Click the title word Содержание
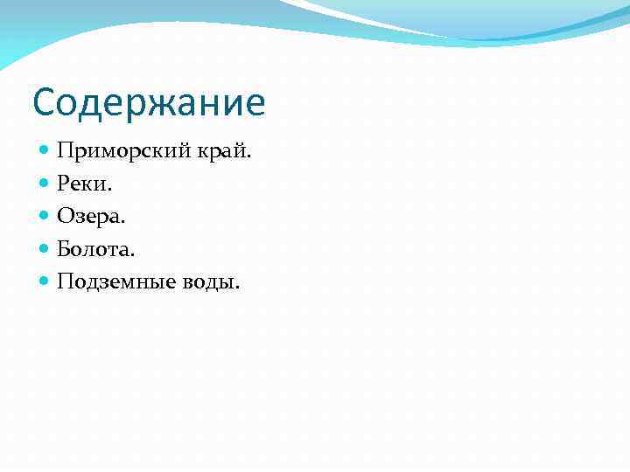[x=149, y=103]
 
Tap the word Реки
[x=82, y=184]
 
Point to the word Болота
[x=94, y=249]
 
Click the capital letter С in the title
[x=45, y=103]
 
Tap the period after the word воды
[x=236, y=288]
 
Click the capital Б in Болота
[x=64, y=249]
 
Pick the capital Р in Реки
[x=63, y=184]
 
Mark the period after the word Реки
[x=110, y=190]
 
